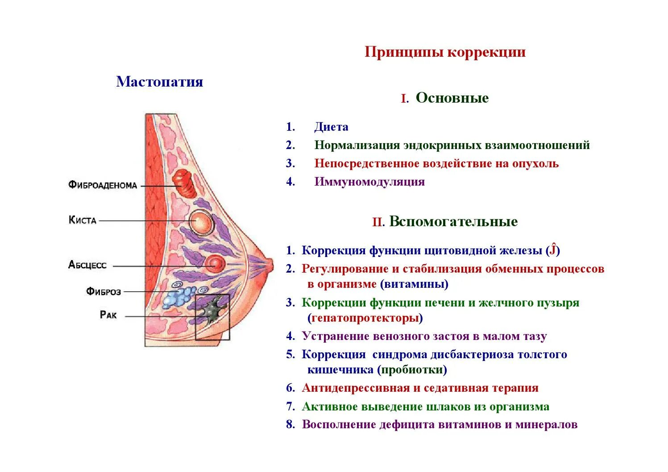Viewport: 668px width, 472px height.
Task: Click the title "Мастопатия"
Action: [x=159, y=82]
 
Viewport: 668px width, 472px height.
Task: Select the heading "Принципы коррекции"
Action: [x=445, y=52]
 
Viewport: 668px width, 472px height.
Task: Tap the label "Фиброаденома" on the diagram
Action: [x=103, y=185]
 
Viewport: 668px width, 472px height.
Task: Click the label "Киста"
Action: [x=83, y=220]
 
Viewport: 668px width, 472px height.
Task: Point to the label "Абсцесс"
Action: [x=87, y=265]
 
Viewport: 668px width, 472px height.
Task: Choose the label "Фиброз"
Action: [x=104, y=292]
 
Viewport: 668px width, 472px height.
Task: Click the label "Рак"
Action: [x=108, y=315]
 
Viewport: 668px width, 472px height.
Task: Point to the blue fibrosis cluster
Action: [x=178, y=296]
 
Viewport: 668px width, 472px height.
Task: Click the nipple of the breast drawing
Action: [x=269, y=265]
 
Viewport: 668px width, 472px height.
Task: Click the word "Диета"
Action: [x=331, y=127]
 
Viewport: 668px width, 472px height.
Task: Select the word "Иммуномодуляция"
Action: [x=369, y=182]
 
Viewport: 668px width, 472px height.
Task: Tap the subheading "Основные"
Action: [x=452, y=98]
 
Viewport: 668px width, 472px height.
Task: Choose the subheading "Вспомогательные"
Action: [x=453, y=222]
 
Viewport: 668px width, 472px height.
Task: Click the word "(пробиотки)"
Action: [x=412, y=370]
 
